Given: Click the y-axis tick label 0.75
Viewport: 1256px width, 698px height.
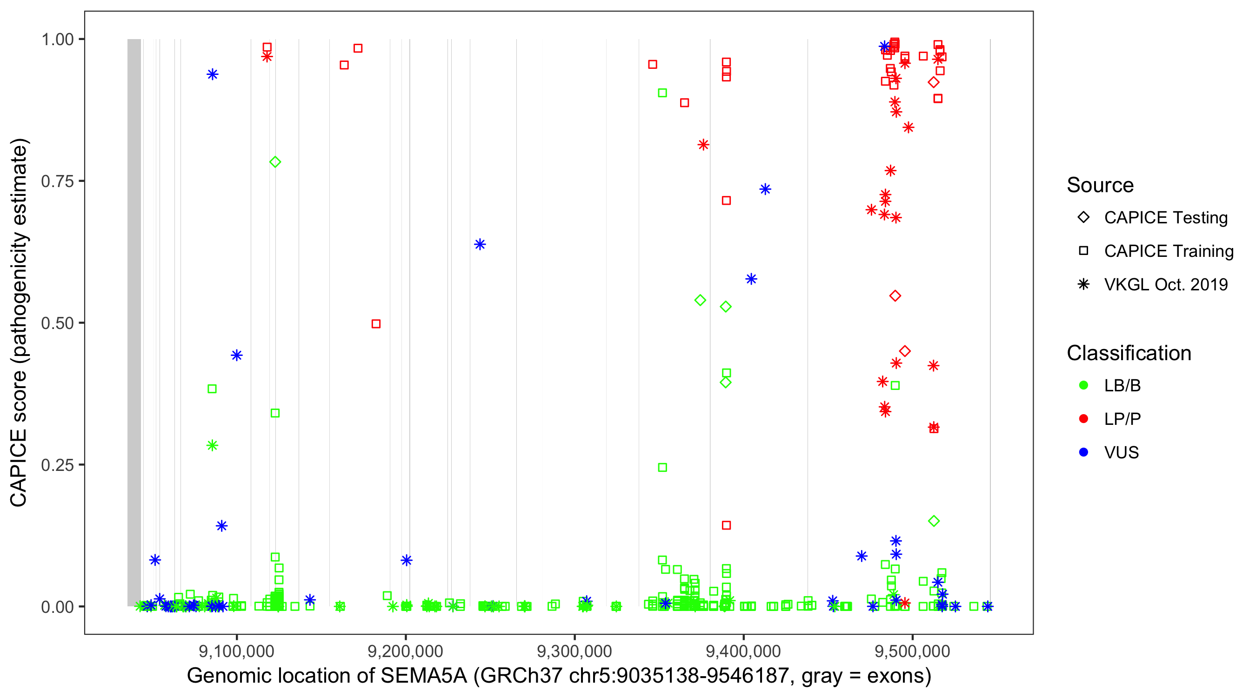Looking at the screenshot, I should pos(57,181).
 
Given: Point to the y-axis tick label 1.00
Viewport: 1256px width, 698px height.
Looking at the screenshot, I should pos(57,40).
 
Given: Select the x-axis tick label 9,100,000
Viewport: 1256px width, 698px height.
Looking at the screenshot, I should pos(236,651).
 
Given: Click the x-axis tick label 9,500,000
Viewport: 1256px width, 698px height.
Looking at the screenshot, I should pos(912,651).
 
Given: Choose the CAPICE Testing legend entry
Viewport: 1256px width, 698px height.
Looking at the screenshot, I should pos(1165,218).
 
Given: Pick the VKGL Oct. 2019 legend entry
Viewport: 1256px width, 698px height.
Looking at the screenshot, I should pos(1165,284).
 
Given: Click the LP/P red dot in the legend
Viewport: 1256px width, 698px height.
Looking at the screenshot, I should pos(1083,419).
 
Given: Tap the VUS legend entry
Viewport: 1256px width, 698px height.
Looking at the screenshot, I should pos(1121,453).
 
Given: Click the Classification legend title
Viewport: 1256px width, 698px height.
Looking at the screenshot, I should pos(1128,353).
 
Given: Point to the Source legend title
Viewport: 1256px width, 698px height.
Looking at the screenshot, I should pos(1100,185).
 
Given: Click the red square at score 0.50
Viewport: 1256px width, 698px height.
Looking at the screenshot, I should pos(376,324).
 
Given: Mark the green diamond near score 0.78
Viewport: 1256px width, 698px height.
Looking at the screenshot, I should pos(275,162).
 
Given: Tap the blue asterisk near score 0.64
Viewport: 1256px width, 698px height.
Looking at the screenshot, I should pos(480,244).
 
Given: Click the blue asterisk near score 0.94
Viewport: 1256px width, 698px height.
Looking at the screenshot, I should pos(213,74).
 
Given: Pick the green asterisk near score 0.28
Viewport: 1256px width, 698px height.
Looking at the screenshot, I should pos(212,445).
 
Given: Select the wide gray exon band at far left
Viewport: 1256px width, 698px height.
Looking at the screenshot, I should pos(134,322).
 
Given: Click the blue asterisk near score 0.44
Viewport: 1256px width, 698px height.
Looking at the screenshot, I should pos(236,355).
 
